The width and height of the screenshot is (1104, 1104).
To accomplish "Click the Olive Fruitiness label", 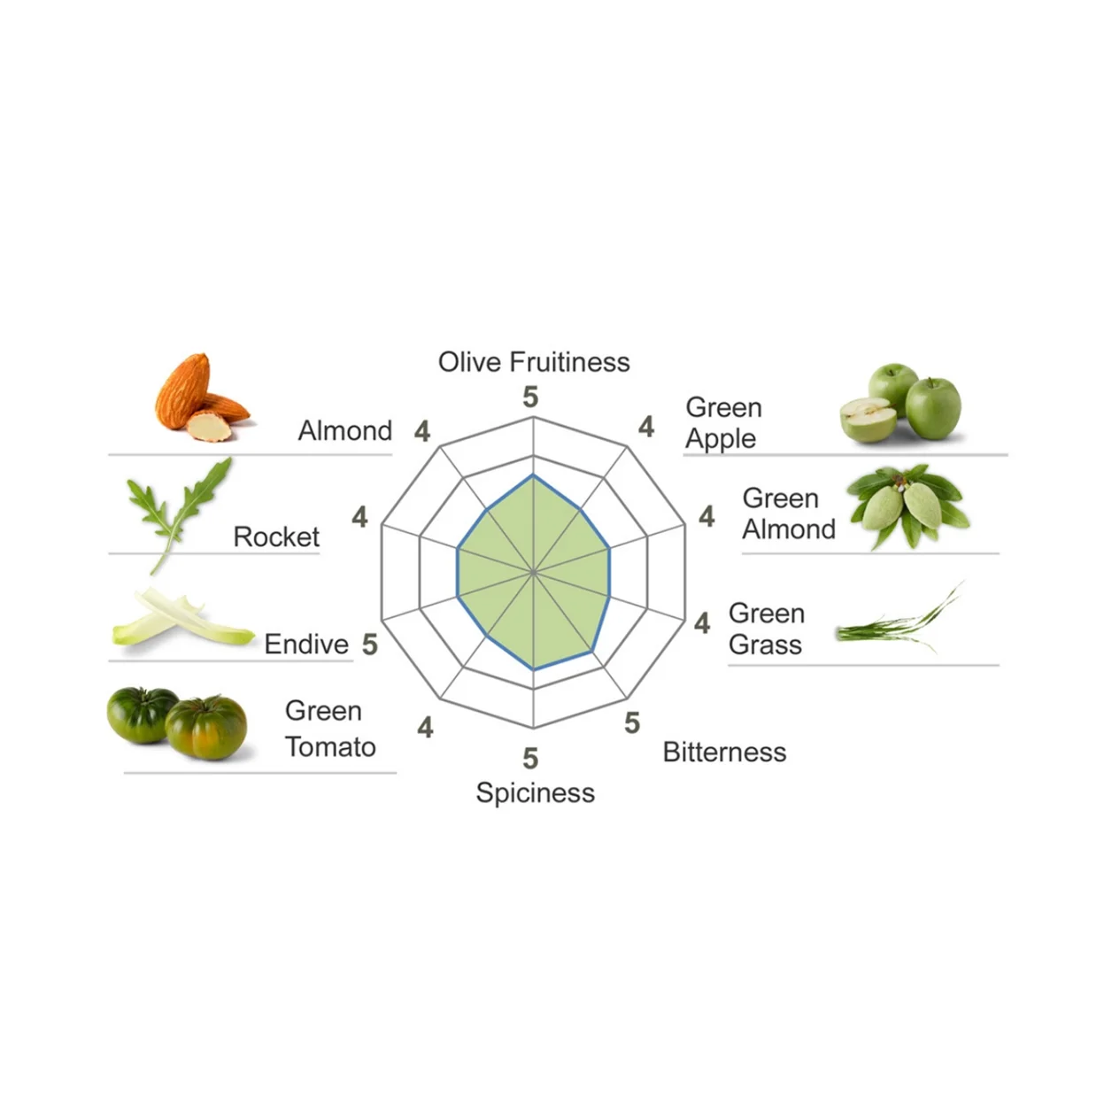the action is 534,362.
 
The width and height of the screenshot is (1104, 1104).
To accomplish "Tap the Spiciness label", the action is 535,792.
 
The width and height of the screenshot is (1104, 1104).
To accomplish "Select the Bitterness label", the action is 724,753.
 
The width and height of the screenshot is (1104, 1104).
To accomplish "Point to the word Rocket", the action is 276,537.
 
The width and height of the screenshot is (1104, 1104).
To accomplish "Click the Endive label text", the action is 306,645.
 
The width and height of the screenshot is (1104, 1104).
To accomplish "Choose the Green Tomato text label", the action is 329,730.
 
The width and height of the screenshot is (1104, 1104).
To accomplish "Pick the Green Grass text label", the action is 767,629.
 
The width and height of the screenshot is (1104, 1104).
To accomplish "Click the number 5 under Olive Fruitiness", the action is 530,398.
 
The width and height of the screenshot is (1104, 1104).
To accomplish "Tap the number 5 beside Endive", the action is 370,645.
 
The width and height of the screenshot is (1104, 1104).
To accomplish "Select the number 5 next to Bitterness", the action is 631,723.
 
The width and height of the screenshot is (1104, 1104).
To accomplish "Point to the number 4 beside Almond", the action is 422,431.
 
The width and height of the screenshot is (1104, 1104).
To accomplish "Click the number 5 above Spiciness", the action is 530,759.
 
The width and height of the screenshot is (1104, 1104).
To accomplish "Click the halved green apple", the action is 867,420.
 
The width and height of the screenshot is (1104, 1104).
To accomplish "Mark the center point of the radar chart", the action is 533,573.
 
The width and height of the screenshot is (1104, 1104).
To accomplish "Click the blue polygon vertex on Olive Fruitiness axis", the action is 533,476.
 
